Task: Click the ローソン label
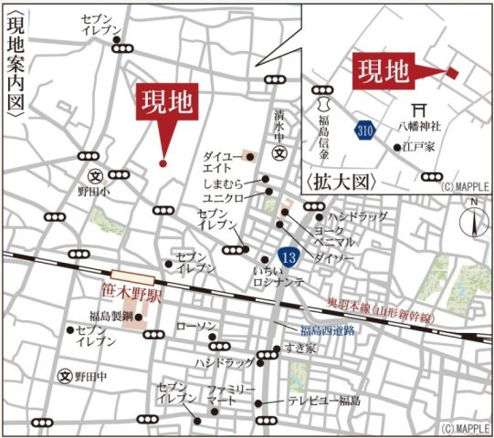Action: tap(196, 326)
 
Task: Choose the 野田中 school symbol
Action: tap(65, 375)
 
